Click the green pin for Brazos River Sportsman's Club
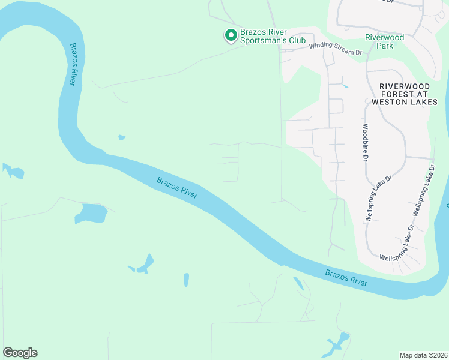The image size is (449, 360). [230, 36]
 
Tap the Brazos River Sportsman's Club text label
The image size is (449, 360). [273, 36]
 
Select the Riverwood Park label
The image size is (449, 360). [385, 41]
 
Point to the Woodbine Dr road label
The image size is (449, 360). [364, 143]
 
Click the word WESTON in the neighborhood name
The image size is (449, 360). [392, 102]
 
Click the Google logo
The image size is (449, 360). [20, 353]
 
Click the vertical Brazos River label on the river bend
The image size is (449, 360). [73, 64]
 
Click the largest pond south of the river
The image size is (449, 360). [91, 214]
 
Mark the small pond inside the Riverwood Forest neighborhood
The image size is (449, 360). [344, 86]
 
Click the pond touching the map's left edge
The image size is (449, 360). [13, 171]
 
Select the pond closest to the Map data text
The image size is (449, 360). [337, 344]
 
